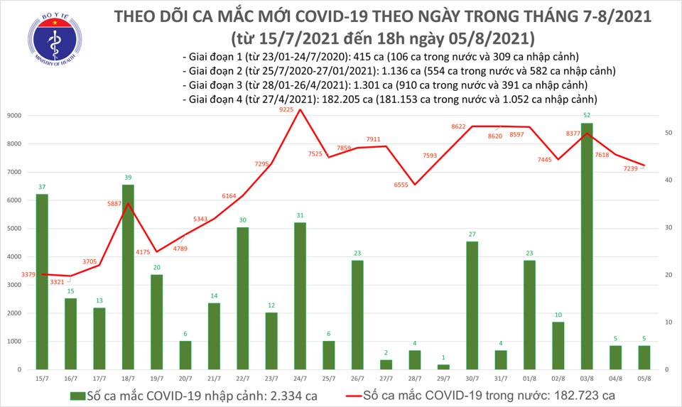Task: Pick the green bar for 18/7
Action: click(128, 277)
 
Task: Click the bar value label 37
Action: click(42, 186)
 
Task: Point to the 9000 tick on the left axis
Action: click(13, 115)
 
